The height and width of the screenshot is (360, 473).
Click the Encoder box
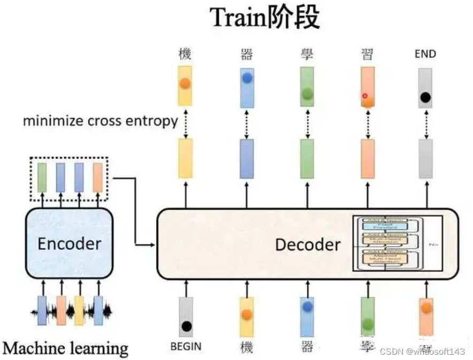point(69,243)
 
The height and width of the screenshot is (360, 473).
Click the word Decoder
point(308,244)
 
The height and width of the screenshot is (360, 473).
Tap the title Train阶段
point(265,17)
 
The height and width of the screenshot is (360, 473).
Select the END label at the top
point(425,54)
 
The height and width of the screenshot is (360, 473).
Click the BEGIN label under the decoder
point(186,347)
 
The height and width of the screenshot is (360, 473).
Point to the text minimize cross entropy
point(100,120)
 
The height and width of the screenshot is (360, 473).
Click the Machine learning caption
point(65,348)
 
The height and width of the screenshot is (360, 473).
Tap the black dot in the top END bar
point(425,98)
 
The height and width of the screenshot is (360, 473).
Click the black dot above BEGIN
point(186,326)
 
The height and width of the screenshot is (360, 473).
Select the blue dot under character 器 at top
point(247,78)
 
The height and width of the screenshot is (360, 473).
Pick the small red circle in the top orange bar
point(365,96)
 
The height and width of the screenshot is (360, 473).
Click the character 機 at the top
point(185,54)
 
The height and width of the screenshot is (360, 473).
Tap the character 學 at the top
point(307,54)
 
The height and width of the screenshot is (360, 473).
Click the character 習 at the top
point(367,54)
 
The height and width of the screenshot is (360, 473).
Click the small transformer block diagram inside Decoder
point(397,243)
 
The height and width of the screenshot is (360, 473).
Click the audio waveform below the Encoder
point(70,310)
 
